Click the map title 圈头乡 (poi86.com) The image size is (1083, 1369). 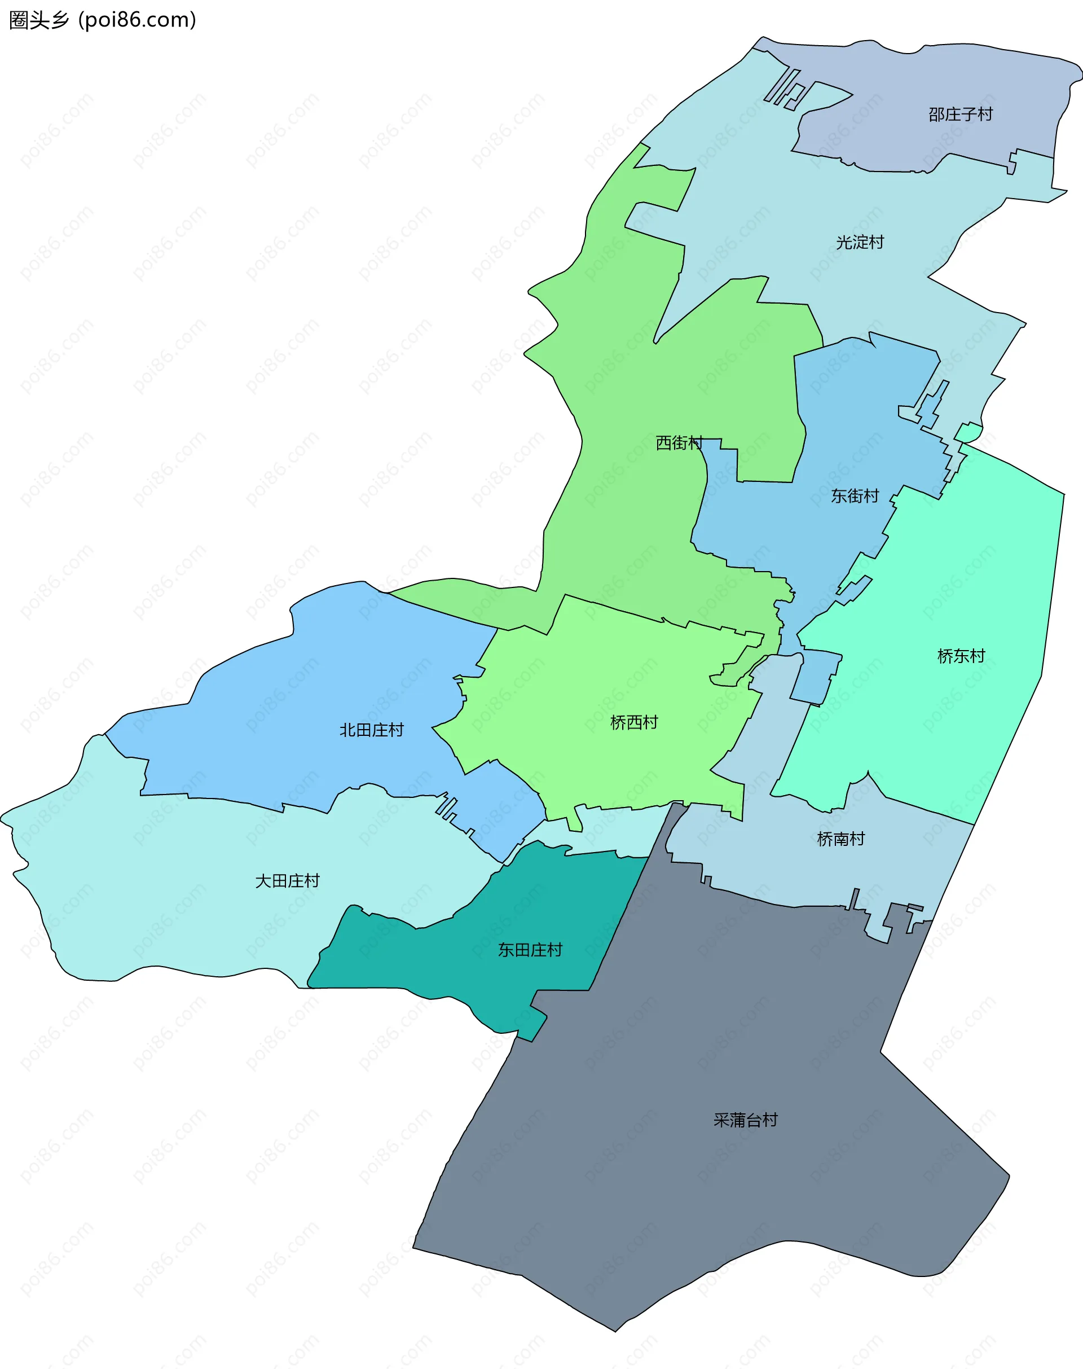point(103,20)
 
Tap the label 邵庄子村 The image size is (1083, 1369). point(960,114)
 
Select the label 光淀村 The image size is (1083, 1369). point(859,242)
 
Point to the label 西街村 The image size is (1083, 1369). point(679,443)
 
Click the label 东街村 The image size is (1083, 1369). point(855,495)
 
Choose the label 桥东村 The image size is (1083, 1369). point(961,656)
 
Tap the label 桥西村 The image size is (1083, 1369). point(633,722)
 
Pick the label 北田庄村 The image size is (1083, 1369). point(371,730)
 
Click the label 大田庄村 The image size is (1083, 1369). point(287,880)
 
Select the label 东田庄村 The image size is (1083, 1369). point(530,950)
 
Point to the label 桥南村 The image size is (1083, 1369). point(841,839)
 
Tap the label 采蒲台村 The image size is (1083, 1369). point(745,1120)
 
